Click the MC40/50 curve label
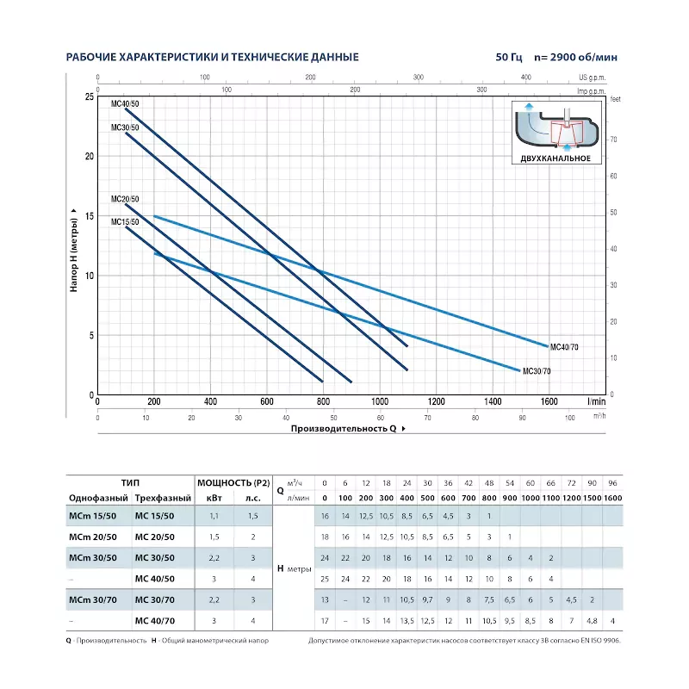tap(125, 103)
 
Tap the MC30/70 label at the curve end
tap(537, 371)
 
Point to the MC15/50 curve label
tap(125, 221)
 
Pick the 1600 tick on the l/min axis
tap(549, 402)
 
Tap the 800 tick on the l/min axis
tap(323, 402)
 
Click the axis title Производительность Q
tap(343, 428)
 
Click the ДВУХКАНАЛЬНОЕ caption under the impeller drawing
tap(556, 159)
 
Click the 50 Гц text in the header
tap(510, 58)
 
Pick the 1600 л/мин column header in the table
tap(612, 499)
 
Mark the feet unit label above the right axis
tap(614, 98)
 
